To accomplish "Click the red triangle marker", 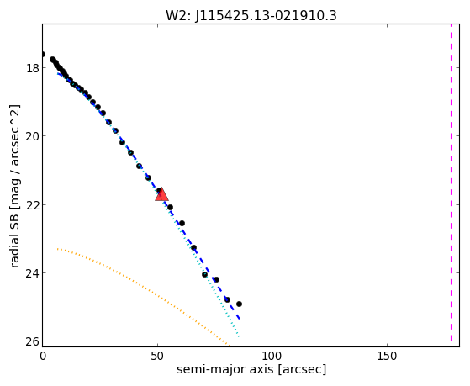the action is [162, 194].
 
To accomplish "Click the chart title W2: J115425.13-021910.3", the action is [251, 16].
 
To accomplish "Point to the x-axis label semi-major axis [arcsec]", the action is [251, 369].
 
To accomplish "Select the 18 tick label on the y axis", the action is [33, 68].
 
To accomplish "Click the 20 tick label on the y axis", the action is [33, 136].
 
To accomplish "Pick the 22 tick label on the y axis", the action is [33, 205].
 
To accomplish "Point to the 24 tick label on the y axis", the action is [33, 273].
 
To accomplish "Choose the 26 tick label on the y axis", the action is [33, 341].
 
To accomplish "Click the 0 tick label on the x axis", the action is [43, 357].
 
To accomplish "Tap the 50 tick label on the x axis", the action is [157, 357].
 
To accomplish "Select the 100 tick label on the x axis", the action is [272, 357].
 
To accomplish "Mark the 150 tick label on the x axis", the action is [387, 357].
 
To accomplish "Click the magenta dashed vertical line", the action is [451, 183].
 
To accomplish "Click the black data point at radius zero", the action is [43, 55].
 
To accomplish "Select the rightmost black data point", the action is [239, 304].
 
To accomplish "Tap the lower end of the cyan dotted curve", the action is [239, 337].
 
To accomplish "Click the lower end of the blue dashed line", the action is [240, 319].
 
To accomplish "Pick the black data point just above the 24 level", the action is [204, 274].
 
